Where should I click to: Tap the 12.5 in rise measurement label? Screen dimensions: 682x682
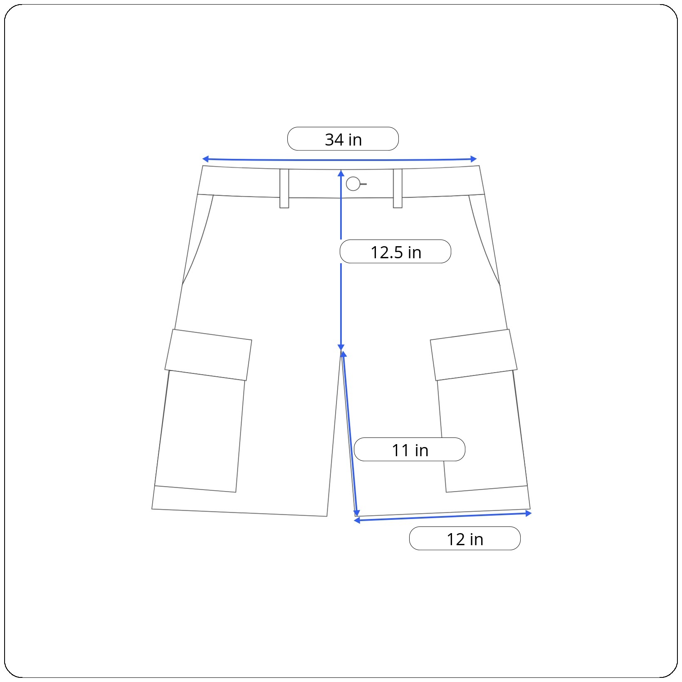(x=395, y=252)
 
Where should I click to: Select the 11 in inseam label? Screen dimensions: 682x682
(x=410, y=450)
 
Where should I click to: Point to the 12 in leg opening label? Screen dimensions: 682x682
(x=465, y=539)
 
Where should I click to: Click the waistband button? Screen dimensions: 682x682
(x=353, y=184)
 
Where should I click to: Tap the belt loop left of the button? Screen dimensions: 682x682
(x=284, y=188)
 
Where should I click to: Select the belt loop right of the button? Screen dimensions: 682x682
(x=398, y=188)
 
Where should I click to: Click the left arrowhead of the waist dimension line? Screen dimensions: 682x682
(x=205, y=159)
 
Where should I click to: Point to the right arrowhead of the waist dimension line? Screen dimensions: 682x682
(x=474, y=159)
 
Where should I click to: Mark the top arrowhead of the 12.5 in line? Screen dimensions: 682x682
(x=341, y=173)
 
